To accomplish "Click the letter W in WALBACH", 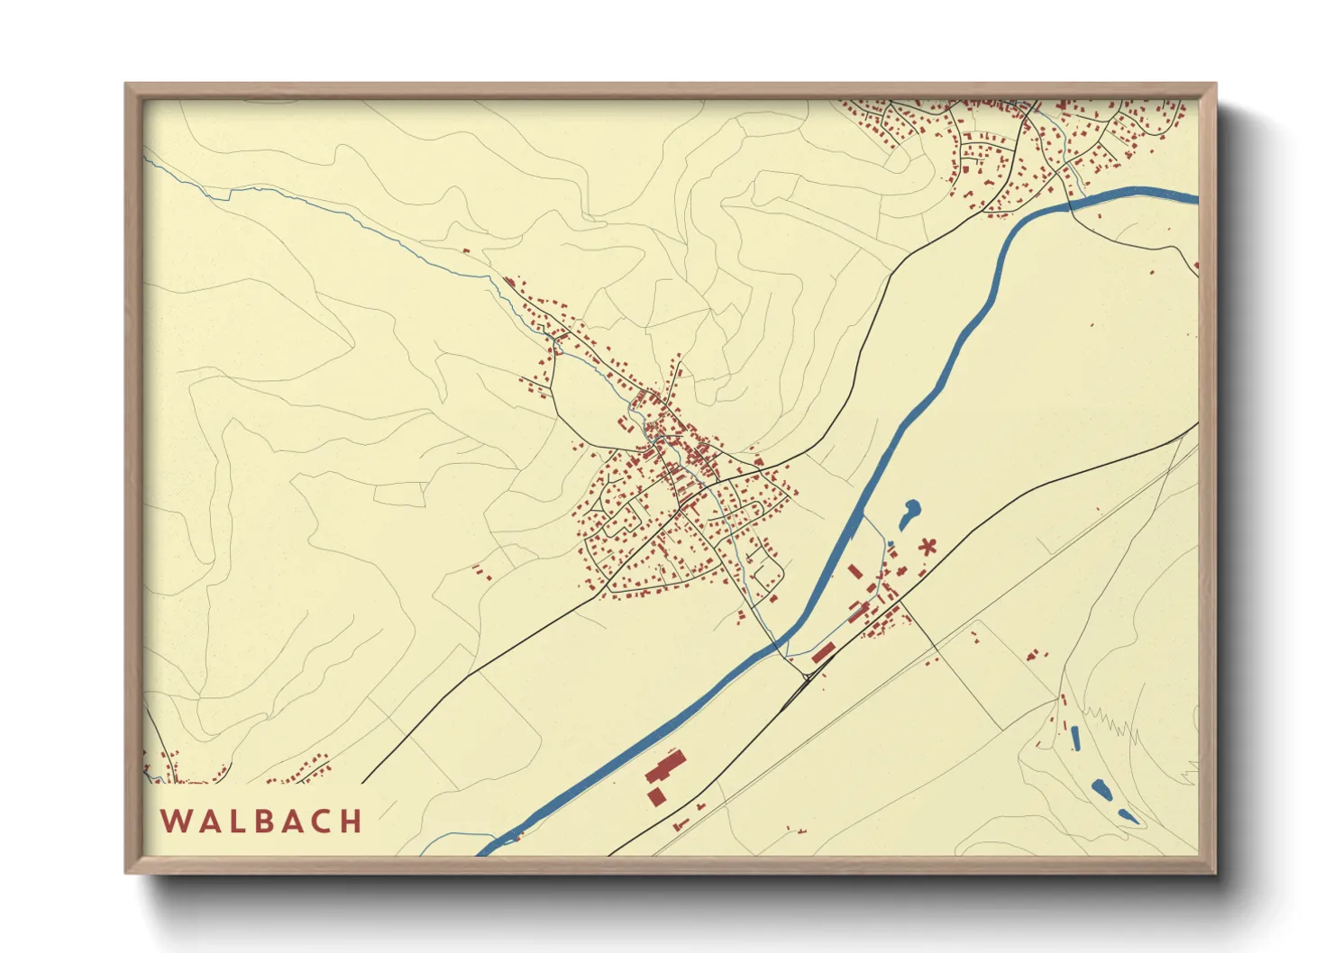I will tap(175, 821).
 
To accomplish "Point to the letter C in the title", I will tap(323, 821).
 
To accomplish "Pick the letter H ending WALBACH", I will tap(352, 821).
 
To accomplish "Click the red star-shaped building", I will tap(927, 546).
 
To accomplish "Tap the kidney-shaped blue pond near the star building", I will tap(909, 513).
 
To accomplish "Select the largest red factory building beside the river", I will tap(665, 767).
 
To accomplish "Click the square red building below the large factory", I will tap(657, 796).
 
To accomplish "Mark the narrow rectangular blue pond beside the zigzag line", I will tap(1074, 737).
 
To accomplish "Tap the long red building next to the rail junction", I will tap(822, 653).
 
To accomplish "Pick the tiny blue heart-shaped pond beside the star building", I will tap(891, 544).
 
